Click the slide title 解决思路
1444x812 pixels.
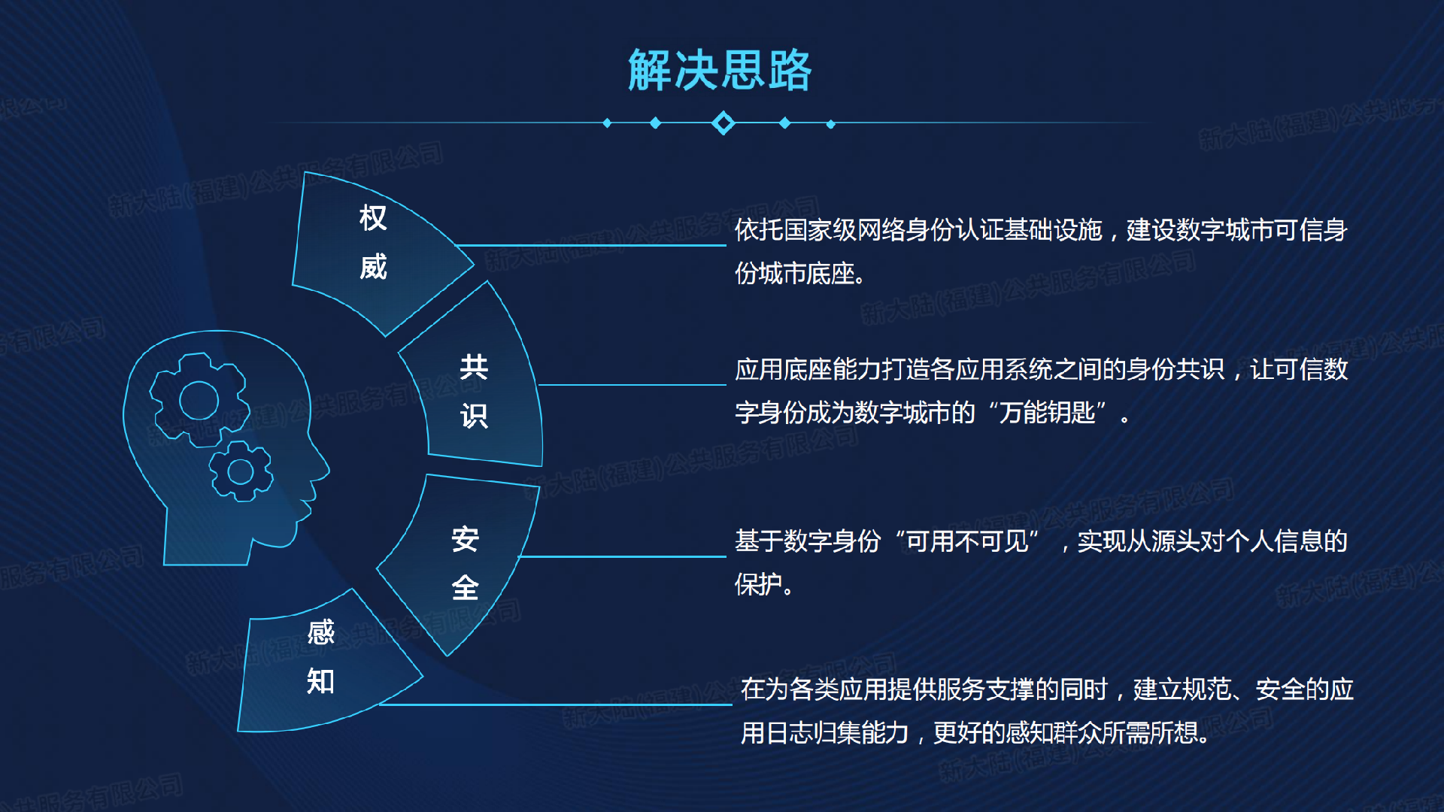click(x=720, y=71)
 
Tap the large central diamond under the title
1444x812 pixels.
click(x=724, y=123)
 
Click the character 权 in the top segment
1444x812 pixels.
click(x=373, y=218)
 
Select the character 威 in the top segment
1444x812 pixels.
click(x=373, y=267)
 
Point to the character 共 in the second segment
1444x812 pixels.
click(x=474, y=367)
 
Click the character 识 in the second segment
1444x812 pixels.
click(x=474, y=416)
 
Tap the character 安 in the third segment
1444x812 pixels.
click(x=466, y=539)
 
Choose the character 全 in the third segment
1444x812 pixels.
click(x=466, y=587)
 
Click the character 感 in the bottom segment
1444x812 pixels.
click(x=321, y=632)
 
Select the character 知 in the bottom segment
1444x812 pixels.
click(x=321, y=681)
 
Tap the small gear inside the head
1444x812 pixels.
click(x=241, y=471)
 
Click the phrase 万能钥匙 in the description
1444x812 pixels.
click(x=1047, y=413)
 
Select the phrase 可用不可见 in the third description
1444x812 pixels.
click(x=967, y=541)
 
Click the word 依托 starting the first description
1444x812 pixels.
click(x=759, y=230)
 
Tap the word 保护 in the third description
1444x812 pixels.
click(x=759, y=584)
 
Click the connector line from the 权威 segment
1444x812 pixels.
click(x=590, y=245)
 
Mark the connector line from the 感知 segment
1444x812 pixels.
click(x=556, y=704)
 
